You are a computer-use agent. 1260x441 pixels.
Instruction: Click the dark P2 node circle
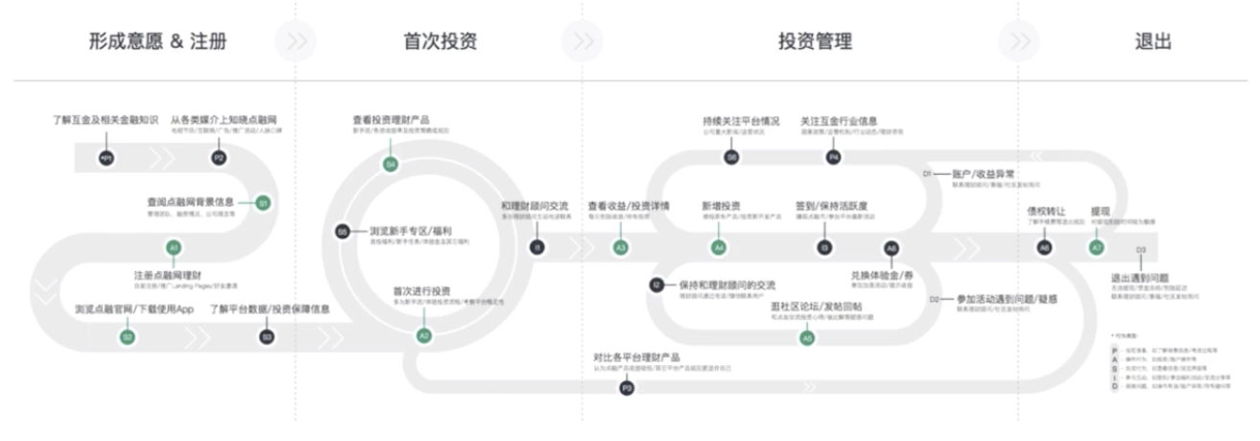[218, 157]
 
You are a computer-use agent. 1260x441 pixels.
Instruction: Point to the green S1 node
[263, 203]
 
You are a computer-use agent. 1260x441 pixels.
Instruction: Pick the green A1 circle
[173, 248]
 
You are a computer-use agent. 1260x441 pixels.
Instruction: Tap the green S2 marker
[128, 336]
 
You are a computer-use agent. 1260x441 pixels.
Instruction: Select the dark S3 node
[268, 336]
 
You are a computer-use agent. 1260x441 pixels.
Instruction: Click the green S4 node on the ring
[391, 165]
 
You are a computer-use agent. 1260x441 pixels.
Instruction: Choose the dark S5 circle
[343, 232]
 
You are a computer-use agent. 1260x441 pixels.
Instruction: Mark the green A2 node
[423, 334]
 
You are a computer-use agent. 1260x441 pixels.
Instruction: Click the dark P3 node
[627, 388]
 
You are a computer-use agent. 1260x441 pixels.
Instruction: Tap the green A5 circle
[807, 337]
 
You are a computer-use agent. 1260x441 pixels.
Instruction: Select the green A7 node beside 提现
[1097, 247]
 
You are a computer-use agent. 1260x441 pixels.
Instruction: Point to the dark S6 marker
[731, 157]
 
